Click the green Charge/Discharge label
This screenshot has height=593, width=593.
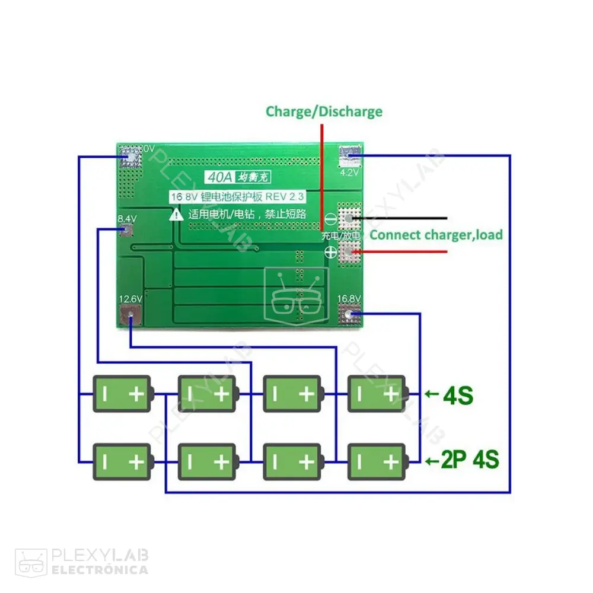[x=324, y=111]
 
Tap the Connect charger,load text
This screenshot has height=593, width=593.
[x=436, y=235]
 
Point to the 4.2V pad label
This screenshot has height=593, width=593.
[x=350, y=173]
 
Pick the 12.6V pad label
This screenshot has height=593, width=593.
[x=130, y=299]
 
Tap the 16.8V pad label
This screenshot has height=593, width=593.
[x=349, y=299]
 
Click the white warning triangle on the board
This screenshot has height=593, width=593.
[x=176, y=215]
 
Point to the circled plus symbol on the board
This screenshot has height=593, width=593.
[x=330, y=253]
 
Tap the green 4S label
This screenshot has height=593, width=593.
[x=458, y=395]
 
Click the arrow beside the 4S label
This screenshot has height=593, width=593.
[x=432, y=393]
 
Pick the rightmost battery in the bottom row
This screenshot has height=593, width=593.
[x=377, y=461]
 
